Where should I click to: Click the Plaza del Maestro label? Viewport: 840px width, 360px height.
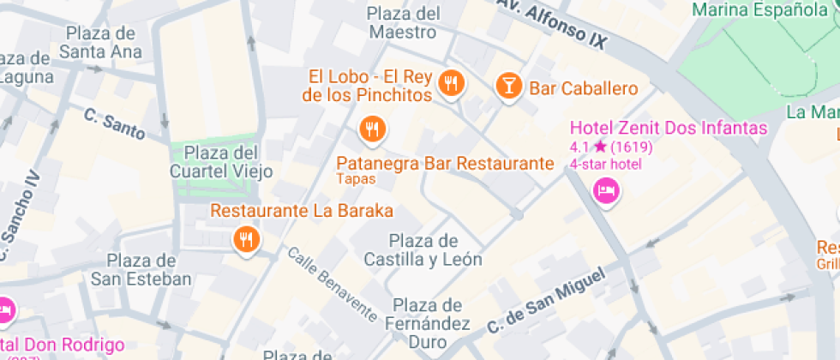(x=403, y=23)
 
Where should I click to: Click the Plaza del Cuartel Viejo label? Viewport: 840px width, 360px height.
(x=222, y=162)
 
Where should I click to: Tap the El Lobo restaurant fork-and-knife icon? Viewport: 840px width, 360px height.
(x=451, y=83)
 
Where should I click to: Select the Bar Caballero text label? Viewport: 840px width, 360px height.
(x=584, y=88)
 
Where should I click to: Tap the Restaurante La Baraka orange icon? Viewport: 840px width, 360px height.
(x=247, y=239)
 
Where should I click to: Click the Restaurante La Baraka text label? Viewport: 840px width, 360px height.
(x=302, y=210)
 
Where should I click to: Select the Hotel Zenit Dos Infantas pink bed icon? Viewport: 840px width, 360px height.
(x=607, y=190)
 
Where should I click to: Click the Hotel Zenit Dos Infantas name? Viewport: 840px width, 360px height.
(x=669, y=129)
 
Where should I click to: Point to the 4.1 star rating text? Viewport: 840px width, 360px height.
(x=611, y=147)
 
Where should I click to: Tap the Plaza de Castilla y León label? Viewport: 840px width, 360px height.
(x=423, y=249)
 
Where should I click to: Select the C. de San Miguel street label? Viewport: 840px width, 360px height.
(x=546, y=299)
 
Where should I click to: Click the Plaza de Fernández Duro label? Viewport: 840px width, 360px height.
(x=429, y=325)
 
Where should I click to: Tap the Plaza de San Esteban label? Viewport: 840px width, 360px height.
(x=141, y=269)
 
